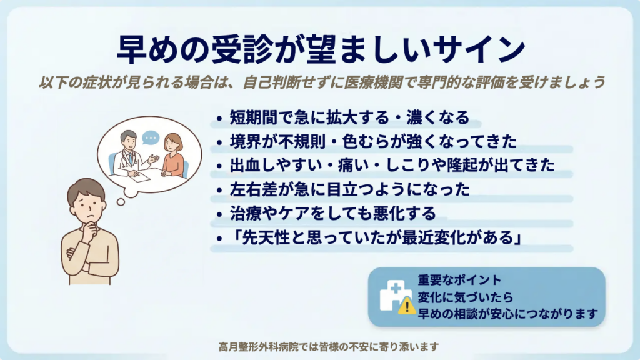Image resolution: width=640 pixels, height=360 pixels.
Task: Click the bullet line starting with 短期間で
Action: coord(349,117)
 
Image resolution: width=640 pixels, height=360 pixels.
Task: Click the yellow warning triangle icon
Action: coord(406,306)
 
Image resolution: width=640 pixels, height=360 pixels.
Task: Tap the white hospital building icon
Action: coord(394,295)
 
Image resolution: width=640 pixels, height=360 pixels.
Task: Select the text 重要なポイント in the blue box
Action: coord(459,280)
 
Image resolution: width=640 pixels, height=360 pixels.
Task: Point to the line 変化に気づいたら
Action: coord(465,297)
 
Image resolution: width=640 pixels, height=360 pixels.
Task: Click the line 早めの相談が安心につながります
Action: coord(507,314)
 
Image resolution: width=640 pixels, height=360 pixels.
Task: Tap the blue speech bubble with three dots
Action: coord(151,137)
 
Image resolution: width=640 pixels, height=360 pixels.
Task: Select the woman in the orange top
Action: coord(173,156)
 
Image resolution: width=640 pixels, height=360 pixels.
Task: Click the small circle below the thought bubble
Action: coord(121,202)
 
